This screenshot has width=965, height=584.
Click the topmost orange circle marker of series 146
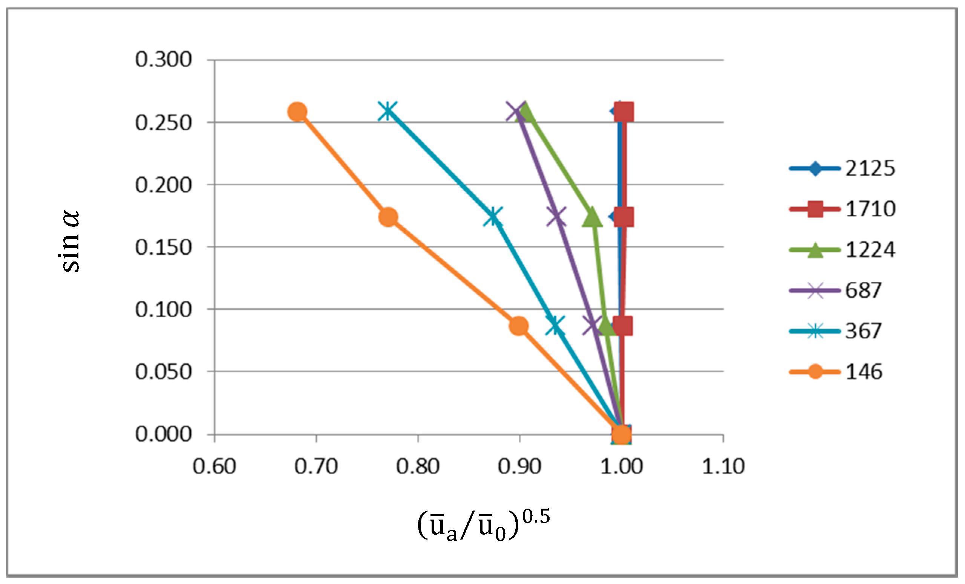pos(297,112)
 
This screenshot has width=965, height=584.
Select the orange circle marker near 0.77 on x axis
pos(388,217)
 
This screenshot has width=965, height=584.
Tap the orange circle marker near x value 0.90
pos(519,326)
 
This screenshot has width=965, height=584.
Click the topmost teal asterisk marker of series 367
pos(388,111)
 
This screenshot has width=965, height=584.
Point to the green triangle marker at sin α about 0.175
pos(592,218)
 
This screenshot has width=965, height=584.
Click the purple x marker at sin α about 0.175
pos(556,217)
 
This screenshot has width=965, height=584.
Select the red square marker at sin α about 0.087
pos(623,326)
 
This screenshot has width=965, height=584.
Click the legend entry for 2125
pos(842,169)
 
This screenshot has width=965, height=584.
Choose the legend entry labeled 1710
pos(842,209)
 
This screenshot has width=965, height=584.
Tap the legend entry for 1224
pos(842,250)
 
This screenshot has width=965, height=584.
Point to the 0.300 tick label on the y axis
pos(163,60)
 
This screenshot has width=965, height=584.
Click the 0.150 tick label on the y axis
pos(163,248)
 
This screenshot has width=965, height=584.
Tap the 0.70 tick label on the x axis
pos(316,466)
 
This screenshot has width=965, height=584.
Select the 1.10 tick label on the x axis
pos(723,466)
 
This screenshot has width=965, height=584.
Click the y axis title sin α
pos(71,241)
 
